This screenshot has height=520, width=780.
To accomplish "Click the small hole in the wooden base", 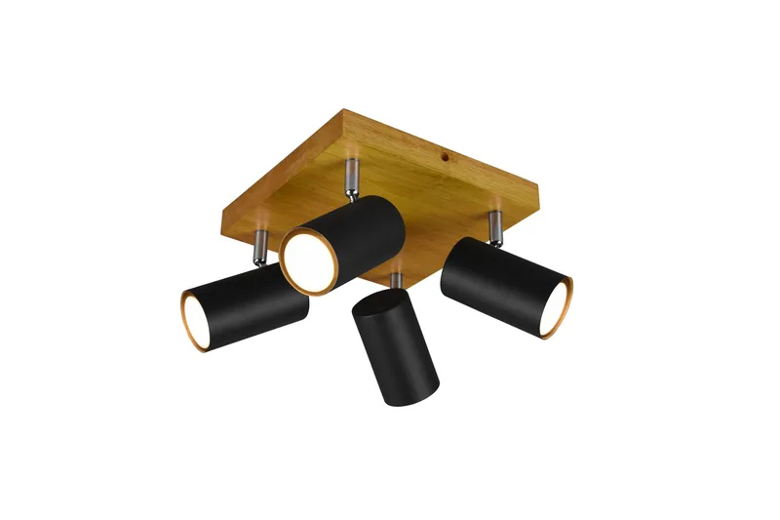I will tap(441, 152).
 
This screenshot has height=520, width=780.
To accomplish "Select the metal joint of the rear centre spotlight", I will tap(349, 176).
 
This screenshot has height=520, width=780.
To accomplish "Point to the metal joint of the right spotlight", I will tap(494, 227).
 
